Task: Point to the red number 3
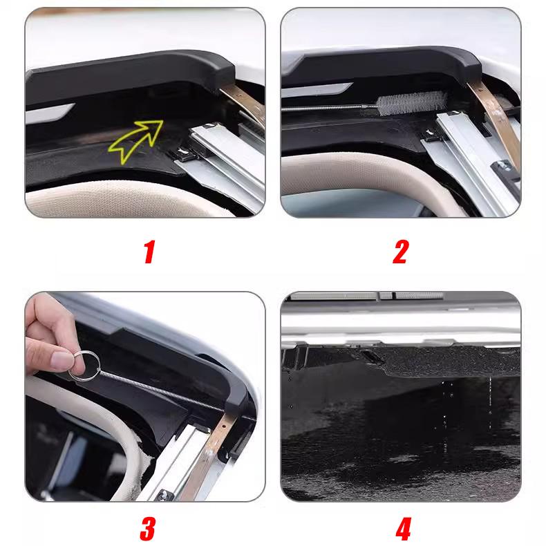(147, 529)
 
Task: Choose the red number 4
(402, 529)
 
